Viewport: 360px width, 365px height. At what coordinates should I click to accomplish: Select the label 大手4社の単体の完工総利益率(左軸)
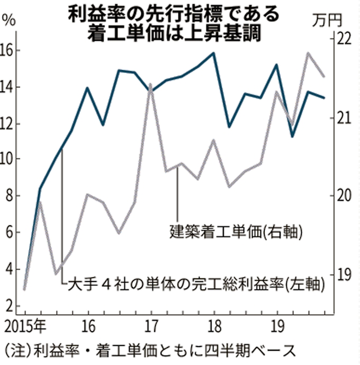coord(196,284)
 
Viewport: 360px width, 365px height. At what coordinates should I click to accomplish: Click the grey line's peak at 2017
coord(150,84)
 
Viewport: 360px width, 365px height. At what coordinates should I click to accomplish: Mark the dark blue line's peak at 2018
coord(213,53)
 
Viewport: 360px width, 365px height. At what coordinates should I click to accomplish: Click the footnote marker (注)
coord(16,351)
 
